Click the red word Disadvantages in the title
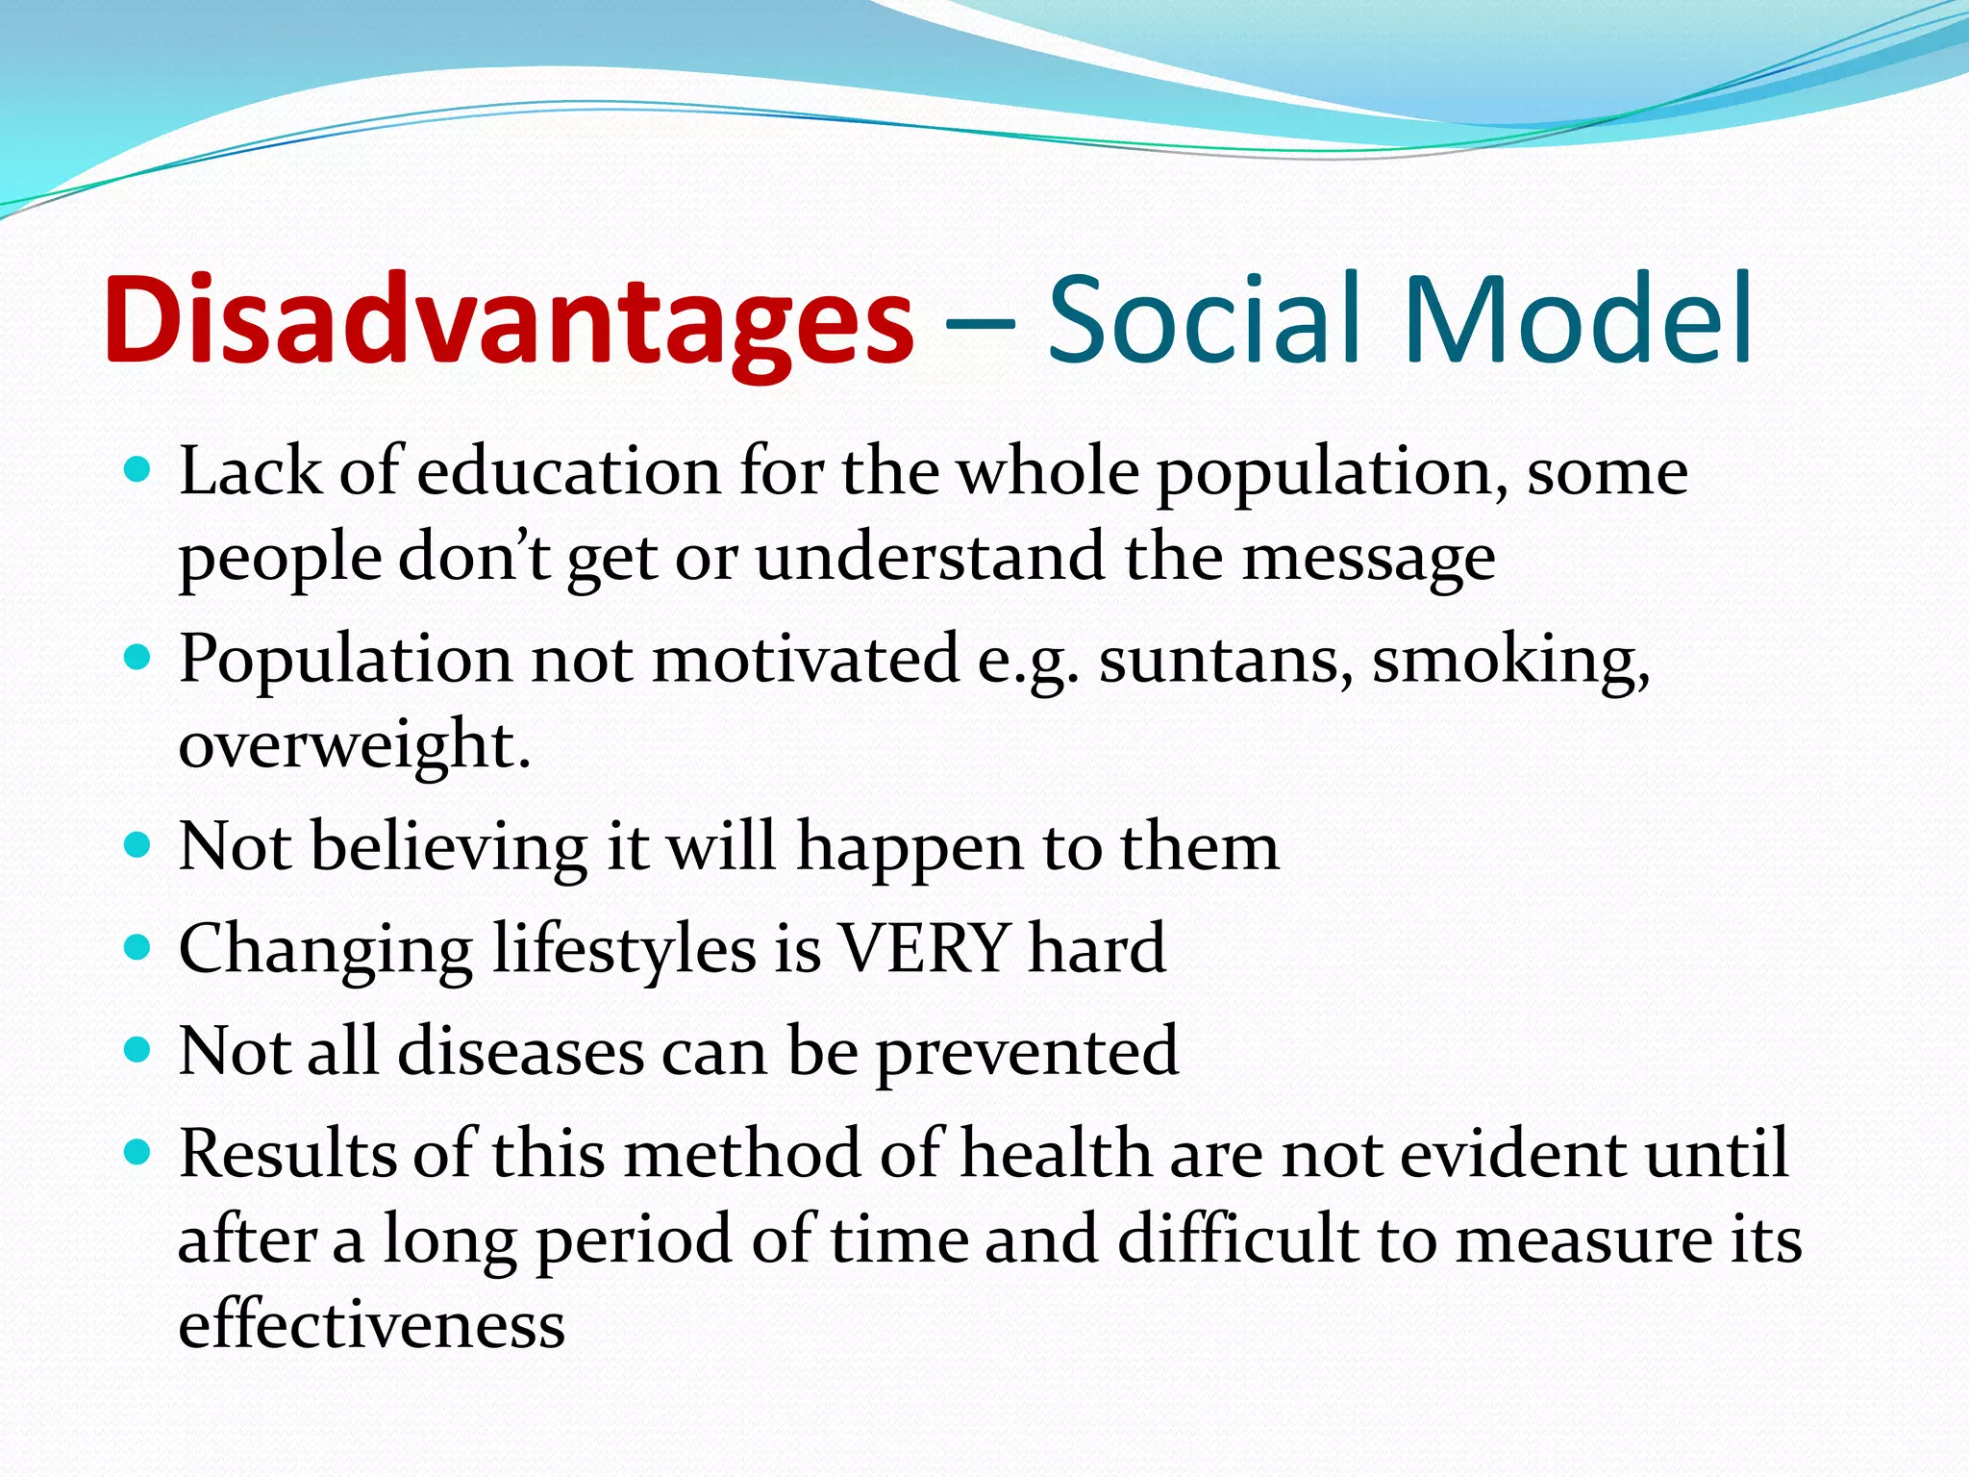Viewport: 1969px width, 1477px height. point(508,319)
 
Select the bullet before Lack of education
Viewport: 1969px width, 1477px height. point(138,470)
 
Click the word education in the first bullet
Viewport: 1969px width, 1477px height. point(567,473)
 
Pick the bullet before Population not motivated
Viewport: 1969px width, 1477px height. point(138,658)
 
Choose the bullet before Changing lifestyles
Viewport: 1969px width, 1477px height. point(138,947)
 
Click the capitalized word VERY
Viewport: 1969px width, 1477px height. point(924,950)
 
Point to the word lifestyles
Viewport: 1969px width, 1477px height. point(625,950)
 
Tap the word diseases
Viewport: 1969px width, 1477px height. point(520,1051)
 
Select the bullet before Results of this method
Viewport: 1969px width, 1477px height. point(138,1152)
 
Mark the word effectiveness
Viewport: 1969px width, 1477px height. point(371,1325)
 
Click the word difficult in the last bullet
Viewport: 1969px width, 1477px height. point(1237,1239)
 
